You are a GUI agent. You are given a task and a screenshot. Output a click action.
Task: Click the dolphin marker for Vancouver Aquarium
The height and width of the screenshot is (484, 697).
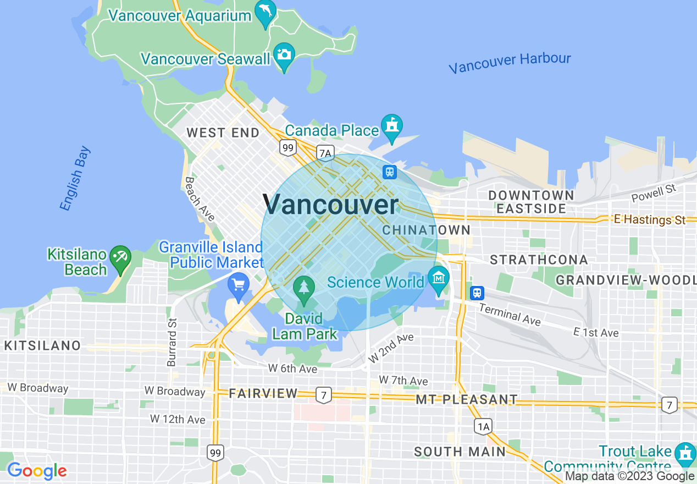pos(265,13)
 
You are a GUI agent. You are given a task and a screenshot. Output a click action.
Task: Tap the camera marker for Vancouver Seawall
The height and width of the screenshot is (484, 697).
pos(284,55)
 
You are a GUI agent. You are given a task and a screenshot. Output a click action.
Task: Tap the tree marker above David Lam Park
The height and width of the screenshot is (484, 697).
pos(303,288)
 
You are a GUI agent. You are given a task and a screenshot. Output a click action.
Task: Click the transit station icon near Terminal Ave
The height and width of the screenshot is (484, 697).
pos(477,293)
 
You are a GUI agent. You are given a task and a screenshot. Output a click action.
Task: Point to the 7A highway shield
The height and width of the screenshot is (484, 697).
pos(325,152)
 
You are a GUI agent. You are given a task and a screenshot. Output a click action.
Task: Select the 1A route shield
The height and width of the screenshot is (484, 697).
pos(483,425)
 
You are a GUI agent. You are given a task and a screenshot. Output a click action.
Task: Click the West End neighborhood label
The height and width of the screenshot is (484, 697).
pos(223,133)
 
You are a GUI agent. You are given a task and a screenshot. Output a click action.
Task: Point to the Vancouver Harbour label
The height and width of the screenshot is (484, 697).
pos(510,63)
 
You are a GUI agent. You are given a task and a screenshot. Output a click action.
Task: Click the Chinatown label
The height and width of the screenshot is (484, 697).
pos(427,230)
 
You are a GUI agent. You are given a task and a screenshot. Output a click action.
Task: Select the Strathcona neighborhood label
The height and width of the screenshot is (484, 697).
pos(539,260)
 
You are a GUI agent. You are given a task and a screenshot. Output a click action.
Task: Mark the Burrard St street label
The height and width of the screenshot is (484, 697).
pos(172,342)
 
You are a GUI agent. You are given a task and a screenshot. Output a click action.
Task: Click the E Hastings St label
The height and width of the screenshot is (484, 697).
pos(649,219)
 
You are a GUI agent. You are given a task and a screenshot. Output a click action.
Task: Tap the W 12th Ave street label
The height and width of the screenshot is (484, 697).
pos(178,419)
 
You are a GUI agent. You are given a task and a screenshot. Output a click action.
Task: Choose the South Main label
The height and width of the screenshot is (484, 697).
pos(460,452)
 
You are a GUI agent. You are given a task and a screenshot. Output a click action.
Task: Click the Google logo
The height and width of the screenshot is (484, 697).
pos(37,471)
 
